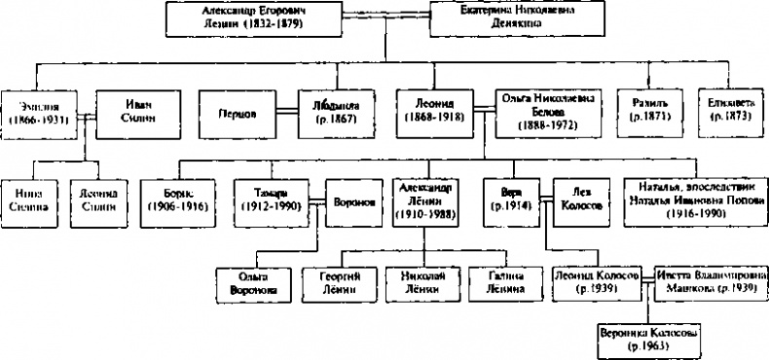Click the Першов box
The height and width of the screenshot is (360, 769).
tap(237, 112)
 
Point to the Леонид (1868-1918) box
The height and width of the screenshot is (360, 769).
tap(435, 112)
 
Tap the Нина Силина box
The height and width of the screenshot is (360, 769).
tap(30, 199)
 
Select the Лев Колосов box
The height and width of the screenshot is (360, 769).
tap(580, 198)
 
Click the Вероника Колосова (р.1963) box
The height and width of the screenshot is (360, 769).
tap(648, 337)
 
